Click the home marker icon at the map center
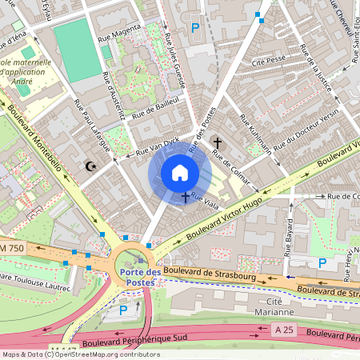click(180, 173)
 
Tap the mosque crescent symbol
click(90, 166)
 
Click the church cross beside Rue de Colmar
click(217, 142)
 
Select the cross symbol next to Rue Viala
click(186, 196)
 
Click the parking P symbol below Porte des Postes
click(123, 310)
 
